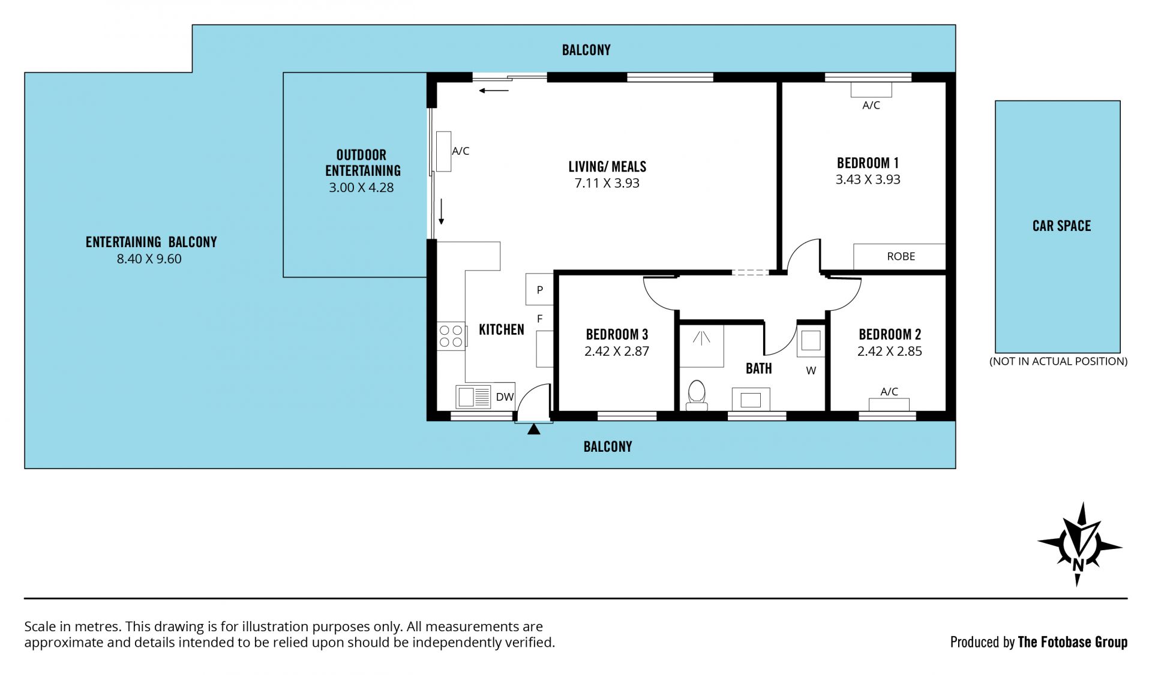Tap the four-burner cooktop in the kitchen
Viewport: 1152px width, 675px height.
point(451,336)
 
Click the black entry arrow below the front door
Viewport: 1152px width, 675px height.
point(533,429)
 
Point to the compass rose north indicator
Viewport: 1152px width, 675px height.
point(1079,545)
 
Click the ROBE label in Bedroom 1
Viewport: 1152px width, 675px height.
point(901,256)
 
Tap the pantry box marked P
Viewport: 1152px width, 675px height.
point(539,290)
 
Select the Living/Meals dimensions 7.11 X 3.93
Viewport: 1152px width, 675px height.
point(607,184)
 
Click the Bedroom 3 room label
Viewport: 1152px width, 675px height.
point(617,334)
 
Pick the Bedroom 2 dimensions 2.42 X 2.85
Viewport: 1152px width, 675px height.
point(889,352)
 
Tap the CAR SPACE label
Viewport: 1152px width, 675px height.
point(1061,226)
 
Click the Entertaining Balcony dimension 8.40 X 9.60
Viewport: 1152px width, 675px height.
point(149,259)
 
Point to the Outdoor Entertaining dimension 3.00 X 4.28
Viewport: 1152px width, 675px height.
point(361,188)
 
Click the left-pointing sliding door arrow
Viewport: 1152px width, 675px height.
point(494,91)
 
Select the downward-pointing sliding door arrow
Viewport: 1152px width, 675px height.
point(441,211)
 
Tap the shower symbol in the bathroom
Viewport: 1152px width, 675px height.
point(701,346)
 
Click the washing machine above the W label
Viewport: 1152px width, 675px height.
point(811,341)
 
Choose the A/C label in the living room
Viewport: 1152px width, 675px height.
point(460,151)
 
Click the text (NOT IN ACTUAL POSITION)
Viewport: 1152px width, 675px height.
point(1058,361)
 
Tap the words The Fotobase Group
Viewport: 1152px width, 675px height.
point(1073,642)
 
